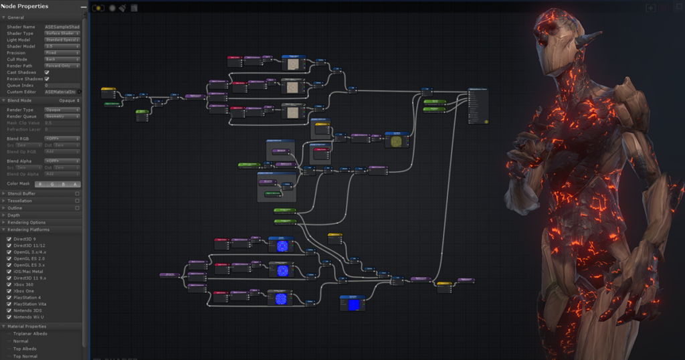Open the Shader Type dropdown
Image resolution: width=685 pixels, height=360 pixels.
(x=62, y=33)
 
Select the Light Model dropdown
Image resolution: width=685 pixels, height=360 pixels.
(x=62, y=39)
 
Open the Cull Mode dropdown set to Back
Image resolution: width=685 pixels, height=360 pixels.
(x=62, y=59)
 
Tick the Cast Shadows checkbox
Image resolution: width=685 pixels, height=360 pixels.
(x=47, y=72)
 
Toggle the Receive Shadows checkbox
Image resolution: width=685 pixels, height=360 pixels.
(x=47, y=79)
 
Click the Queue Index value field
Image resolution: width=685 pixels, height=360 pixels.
(x=62, y=86)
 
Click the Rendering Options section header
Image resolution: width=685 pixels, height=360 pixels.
(x=27, y=222)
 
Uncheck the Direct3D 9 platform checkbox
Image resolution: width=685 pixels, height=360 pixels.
(x=9, y=239)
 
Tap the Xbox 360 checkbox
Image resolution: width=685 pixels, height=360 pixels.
(x=9, y=284)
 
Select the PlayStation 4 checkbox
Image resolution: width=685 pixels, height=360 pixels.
(x=9, y=297)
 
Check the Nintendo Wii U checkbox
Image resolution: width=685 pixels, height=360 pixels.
(x=9, y=317)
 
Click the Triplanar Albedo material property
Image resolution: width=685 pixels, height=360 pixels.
(x=31, y=333)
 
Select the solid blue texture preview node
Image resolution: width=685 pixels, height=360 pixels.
(x=353, y=304)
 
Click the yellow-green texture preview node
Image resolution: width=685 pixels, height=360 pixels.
(x=397, y=141)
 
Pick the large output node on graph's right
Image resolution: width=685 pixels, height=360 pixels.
(x=478, y=106)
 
